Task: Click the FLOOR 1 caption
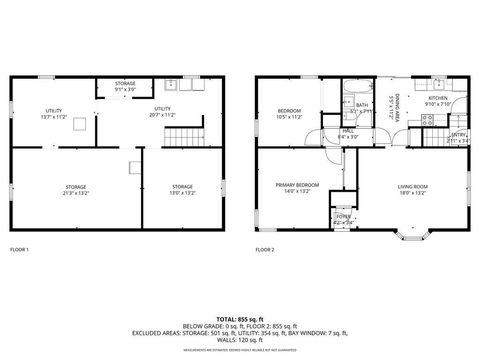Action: pos(19,249)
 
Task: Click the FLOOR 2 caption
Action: pos(264,249)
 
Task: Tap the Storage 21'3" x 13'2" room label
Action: pos(76,189)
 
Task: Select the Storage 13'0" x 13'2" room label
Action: pos(181,189)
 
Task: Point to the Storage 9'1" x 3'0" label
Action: pos(125,86)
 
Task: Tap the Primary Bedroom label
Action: pos(298,187)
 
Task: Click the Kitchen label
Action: pos(438,101)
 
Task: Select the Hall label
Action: pos(348,133)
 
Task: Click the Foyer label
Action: pos(342,217)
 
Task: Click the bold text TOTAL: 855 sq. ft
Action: pos(240,317)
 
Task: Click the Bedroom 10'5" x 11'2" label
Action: pos(289,113)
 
